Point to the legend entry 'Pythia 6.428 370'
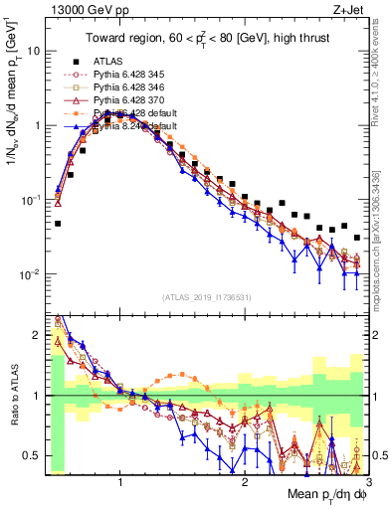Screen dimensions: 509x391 (x=134, y=100)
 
